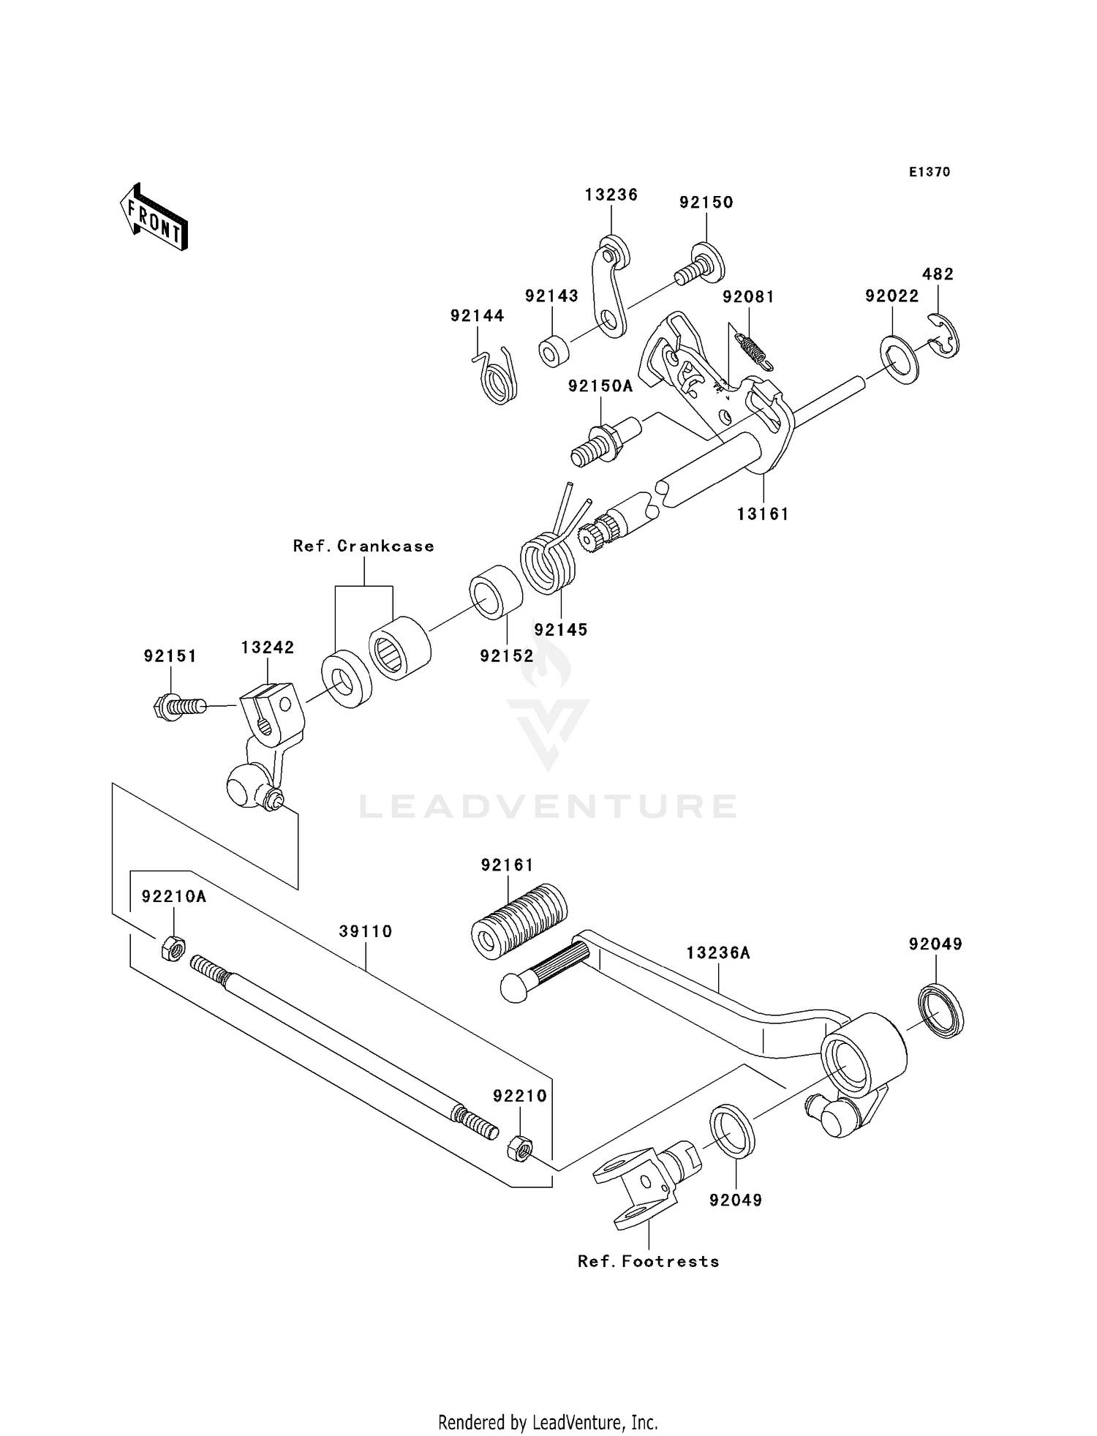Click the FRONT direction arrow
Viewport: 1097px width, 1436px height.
[x=154, y=218]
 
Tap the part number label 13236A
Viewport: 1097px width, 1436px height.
[x=718, y=953]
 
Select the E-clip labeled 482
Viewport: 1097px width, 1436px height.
[x=945, y=336]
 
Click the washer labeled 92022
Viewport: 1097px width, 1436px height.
[x=900, y=358]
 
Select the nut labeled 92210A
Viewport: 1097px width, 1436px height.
[x=171, y=949]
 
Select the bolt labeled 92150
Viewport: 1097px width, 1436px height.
[x=698, y=268]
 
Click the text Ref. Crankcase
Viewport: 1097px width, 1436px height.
[x=363, y=546]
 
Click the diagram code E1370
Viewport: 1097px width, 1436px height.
[x=930, y=172]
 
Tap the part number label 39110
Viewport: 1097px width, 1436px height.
[x=366, y=931]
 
